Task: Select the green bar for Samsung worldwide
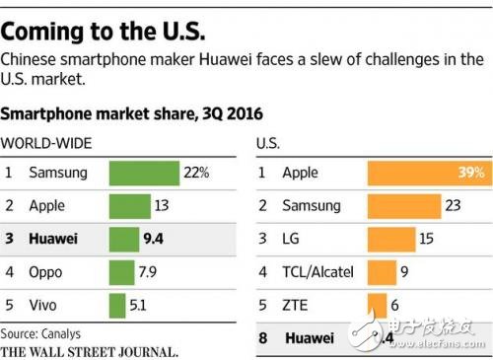point(144,173)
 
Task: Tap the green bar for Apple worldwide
point(127,206)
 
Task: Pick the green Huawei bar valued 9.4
point(123,240)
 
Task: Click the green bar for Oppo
point(120,272)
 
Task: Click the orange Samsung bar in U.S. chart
point(403,205)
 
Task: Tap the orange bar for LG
point(391,238)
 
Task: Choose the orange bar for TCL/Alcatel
point(382,270)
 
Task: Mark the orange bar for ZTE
point(377,303)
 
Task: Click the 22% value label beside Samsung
point(195,173)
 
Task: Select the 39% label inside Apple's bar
point(468,173)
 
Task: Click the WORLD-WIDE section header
point(48,143)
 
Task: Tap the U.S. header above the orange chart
point(267,143)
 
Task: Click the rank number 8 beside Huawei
point(262,337)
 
